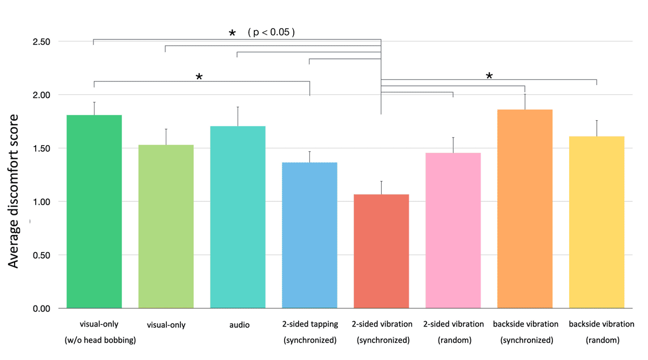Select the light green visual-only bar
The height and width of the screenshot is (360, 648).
pos(166,227)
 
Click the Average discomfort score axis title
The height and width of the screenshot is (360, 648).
pos(14,191)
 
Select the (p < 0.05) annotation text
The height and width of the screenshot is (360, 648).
pos(271,32)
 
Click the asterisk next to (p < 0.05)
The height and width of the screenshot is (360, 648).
pos(232,33)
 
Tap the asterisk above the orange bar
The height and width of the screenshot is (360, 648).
pos(489,76)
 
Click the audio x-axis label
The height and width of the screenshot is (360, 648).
pos(238,325)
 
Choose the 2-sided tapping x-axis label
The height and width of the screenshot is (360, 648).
pos(309,324)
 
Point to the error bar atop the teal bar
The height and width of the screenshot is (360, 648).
pos(238,117)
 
